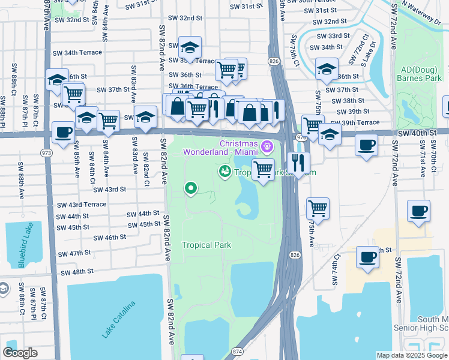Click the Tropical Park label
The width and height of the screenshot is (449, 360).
[206, 245]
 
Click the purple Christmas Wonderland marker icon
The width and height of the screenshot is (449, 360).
[267, 145]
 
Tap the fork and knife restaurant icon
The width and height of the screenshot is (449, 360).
[298, 162]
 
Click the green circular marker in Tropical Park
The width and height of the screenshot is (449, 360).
[191, 189]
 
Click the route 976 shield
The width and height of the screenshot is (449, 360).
[300, 137]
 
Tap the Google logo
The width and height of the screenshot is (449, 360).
[20, 352]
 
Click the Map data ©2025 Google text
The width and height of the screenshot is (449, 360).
[412, 355]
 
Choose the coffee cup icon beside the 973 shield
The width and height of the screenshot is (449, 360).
[63, 133]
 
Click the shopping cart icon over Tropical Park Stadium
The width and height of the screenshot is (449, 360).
[263, 169]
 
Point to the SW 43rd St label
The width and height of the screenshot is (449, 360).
[109, 189]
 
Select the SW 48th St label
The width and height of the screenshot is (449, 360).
[78, 272]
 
